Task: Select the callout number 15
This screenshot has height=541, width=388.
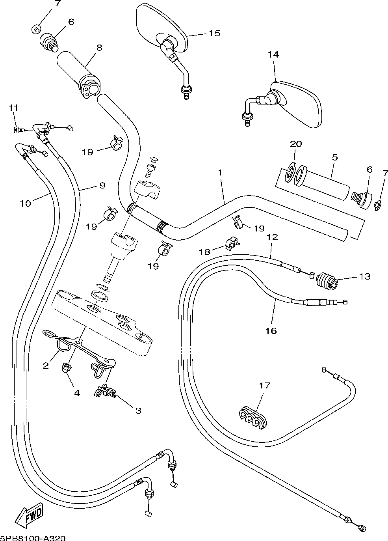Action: click(215, 33)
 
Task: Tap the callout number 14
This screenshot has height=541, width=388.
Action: click(273, 54)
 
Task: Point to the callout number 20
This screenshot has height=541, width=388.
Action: click(296, 144)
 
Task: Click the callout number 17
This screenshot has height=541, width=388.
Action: click(265, 385)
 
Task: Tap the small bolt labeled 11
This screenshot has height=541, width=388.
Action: click(19, 131)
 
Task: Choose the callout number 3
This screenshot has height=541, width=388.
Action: click(138, 410)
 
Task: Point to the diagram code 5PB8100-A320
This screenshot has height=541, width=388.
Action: click(33, 537)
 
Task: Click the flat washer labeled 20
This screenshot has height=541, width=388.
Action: click(291, 173)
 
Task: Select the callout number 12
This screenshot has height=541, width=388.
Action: click(272, 237)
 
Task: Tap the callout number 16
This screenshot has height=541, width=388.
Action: click(271, 331)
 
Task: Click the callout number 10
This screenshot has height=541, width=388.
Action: click(25, 203)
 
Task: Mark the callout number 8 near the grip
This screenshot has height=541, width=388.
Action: click(99, 48)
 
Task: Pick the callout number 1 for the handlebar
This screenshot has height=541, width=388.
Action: click(219, 173)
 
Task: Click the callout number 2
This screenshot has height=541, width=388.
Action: click(46, 366)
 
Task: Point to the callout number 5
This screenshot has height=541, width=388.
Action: click(335, 157)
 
